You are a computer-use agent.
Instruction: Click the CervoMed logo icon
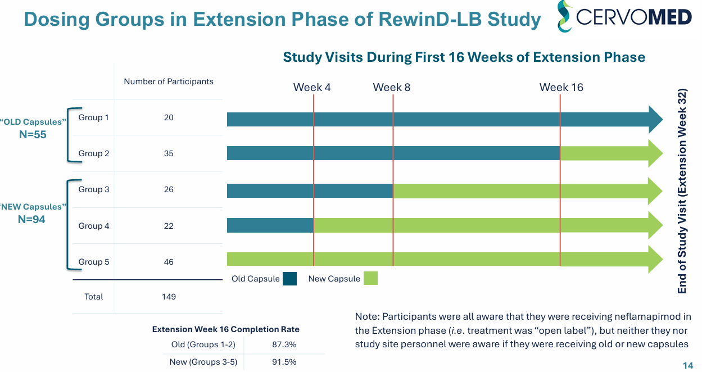[x=564, y=16]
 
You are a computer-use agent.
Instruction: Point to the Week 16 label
[x=561, y=87]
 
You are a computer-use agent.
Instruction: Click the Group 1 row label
[x=94, y=117]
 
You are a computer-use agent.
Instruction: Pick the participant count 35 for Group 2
[x=169, y=153]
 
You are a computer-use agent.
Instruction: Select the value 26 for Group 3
[x=169, y=189]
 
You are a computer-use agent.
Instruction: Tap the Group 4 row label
[x=94, y=226]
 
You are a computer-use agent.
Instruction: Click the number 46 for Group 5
[x=169, y=262]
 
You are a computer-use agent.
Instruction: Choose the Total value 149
[x=169, y=297]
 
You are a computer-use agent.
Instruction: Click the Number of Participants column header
[x=169, y=81]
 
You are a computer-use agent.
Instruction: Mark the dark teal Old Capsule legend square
[x=290, y=279]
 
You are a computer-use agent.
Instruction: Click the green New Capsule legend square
[x=370, y=279]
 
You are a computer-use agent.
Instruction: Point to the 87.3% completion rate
[x=284, y=344]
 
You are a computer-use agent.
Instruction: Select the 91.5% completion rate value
[x=284, y=362]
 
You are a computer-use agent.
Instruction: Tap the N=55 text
[x=33, y=135]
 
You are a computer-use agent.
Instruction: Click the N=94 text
[x=31, y=220]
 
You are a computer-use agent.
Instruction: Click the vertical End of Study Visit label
[x=682, y=191]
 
